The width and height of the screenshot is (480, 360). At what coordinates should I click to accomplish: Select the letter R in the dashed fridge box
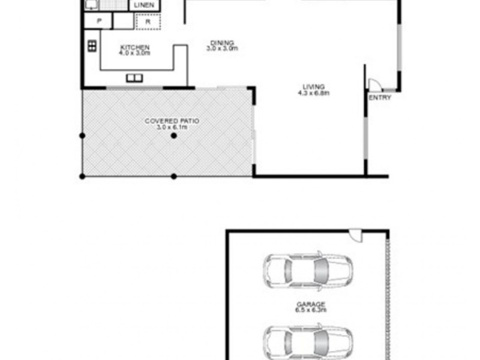tap(146, 22)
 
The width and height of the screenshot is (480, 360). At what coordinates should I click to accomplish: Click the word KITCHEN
tap(135, 47)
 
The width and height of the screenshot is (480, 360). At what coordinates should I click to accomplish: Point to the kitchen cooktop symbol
tap(92, 46)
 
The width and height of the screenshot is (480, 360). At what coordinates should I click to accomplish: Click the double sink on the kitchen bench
tap(134, 77)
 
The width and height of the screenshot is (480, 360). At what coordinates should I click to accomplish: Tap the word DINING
tap(222, 43)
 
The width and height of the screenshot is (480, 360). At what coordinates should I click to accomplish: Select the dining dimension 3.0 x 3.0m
tap(222, 49)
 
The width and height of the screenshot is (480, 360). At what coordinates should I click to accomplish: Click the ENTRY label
tap(380, 97)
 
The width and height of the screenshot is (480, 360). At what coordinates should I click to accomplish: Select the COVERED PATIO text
tap(172, 121)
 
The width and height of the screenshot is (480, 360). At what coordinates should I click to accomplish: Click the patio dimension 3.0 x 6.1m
tap(172, 127)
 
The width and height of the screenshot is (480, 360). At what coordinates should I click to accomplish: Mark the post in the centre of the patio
tap(173, 136)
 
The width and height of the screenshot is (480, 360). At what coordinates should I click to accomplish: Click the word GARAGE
tap(310, 304)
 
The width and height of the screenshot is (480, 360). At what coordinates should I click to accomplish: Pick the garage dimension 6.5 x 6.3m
tap(310, 310)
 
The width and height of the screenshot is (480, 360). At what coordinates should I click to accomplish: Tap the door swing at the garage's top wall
tap(356, 235)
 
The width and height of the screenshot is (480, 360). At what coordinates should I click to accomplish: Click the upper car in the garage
tap(309, 272)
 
